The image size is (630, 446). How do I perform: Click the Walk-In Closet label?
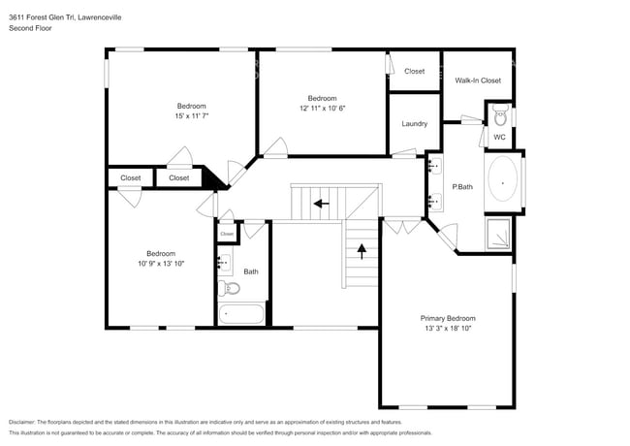(x=478, y=80)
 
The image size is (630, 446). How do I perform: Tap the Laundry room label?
(x=415, y=124)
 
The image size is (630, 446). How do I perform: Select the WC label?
(x=499, y=138)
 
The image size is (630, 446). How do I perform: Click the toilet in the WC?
(x=500, y=118)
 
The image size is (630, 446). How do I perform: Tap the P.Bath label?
(x=462, y=186)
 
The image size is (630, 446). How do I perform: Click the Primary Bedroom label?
(x=448, y=318)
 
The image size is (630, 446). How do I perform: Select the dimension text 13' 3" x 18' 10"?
(x=448, y=329)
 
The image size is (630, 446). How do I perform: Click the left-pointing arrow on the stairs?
(x=320, y=204)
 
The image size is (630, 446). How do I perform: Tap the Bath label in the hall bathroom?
(x=251, y=271)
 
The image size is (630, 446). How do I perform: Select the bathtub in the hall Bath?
(x=241, y=314)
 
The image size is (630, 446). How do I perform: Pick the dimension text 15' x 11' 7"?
(x=191, y=116)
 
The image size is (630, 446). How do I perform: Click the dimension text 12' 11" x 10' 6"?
(x=322, y=108)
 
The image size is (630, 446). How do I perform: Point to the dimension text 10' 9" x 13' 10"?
(x=161, y=264)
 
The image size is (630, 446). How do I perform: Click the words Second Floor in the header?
(x=31, y=29)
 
